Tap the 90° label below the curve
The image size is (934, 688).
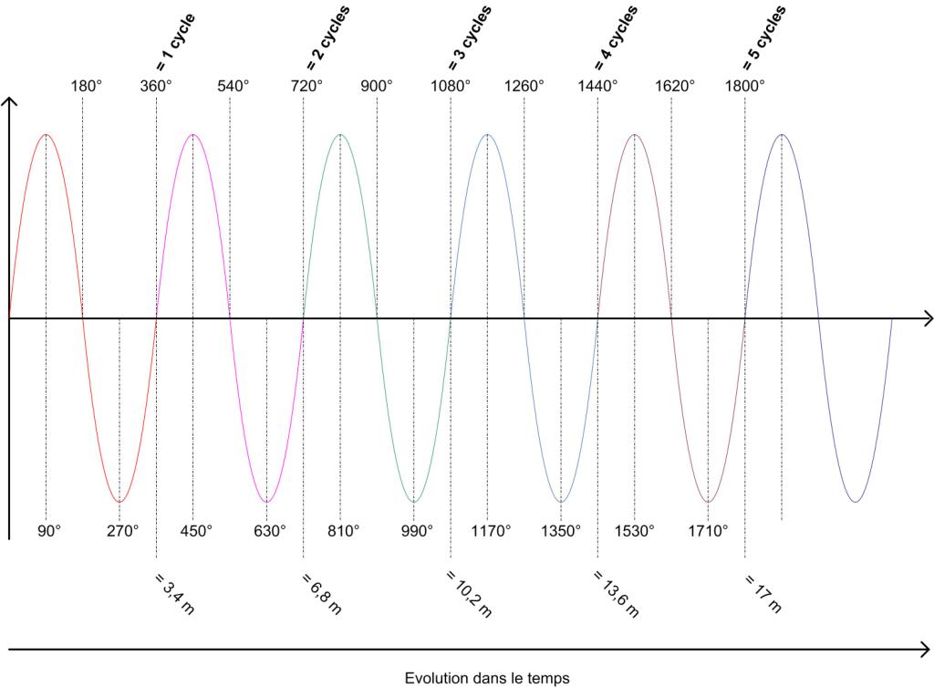[x=48, y=530]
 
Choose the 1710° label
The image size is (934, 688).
[x=709, y=530]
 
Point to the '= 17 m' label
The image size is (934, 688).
[x=763, y=593]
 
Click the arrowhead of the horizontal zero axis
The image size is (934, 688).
[x=927, y=318]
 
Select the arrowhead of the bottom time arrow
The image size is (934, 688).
[x=926, y=651]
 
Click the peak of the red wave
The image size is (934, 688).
[x=46, y=135]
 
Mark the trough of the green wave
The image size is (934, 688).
[x=414, y=502]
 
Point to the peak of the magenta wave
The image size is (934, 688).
[x=192, y=135]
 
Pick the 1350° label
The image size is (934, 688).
[x=561, y=530]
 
